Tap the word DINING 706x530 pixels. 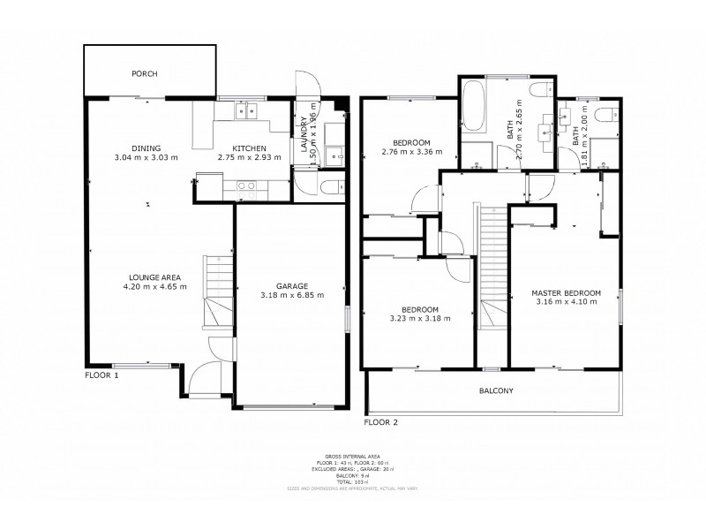click(x=146, y=148)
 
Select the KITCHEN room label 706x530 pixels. click(x=249, y=148)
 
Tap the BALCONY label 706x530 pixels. click(x=495, y=390)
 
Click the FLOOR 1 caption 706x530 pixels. click(x=101, y=375)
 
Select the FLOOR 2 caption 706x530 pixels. click(x=383, y=422)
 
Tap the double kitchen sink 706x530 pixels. click(x=245, y=110)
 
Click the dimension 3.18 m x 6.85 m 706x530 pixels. click(x=290, y=295)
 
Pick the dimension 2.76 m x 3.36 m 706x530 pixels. click(x=411, y=153)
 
